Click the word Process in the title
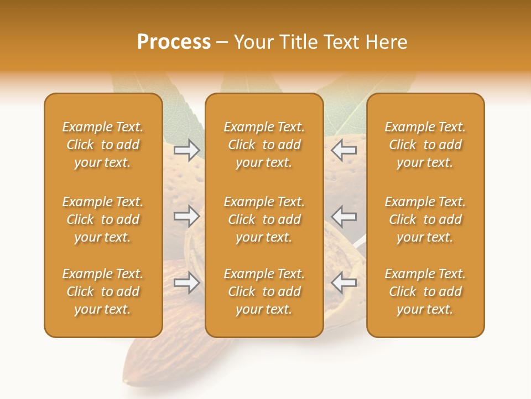(x=174, y=42)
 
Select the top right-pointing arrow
(x=187, y=150)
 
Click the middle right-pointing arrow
(x=187, y=216)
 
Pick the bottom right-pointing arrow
(x=187, y=283)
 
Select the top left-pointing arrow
(x=344, y=150)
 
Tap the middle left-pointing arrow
(x=344, y=216)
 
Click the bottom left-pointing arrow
(x=344, y=283)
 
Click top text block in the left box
(x=103, y=145)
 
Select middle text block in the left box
(x=103, y=219)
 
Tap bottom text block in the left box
(x=103, y=291)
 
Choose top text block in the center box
(x=264, y=145)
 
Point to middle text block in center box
(x=264, y=219)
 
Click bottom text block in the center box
(x=264, y=291)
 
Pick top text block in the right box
(x=425, y=145)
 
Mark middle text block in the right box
(x=425, y=219)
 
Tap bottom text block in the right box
(x=425, y=291)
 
